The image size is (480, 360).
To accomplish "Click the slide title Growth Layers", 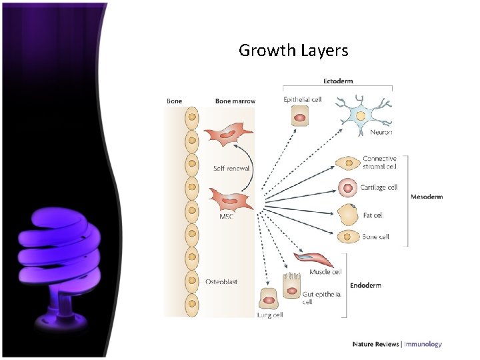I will pyautogui.click(x=293, y=50).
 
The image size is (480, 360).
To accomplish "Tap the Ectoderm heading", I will pyautogui.click(x=338, y=81).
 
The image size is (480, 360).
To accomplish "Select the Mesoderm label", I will pyautogui.click(x=427, y=197).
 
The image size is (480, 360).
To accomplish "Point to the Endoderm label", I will pyautogui.click(x=365, y=285).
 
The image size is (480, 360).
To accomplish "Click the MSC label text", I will pyautogui.click(x=227, y=217).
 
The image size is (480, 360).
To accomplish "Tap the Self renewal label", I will pyautogui.click(x=231, y=169).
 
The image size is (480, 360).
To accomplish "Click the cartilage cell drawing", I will pyautogui.click(x=348, y=188).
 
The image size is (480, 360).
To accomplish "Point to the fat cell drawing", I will pyautogui.click(x=347, y=215).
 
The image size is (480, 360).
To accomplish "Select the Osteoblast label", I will pyautogui.click(x=221, y=282).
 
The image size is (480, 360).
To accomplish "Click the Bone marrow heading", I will pyautogui.click(x=235, y=101).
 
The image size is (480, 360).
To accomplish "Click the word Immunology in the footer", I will pyautogui.click(x=423, y=345).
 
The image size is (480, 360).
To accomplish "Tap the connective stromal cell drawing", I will pyautogui.click(x=348, y=163).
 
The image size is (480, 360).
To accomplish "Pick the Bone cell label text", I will pyautogui.click(x=375, y=237).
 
